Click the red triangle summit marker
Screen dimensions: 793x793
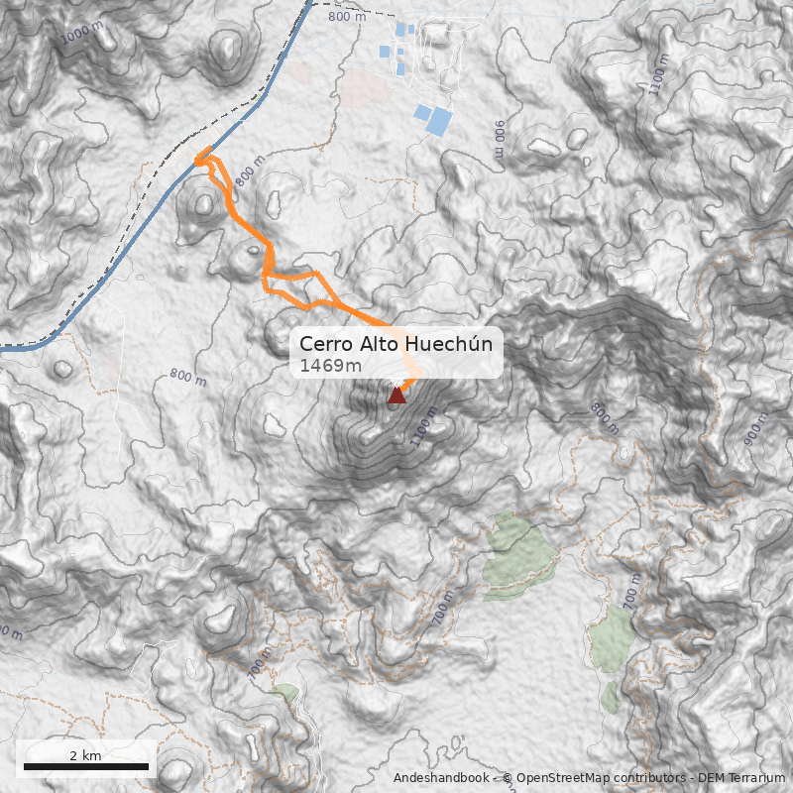tap(396, 396)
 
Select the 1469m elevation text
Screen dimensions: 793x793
tap(330, 366)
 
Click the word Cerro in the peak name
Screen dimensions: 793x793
tap(324, 344)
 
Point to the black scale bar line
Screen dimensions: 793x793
tap(85, 766)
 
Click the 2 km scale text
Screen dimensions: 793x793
tap(85, 755)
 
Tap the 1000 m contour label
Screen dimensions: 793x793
tap(81, 35)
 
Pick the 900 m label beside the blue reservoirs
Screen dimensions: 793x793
tap(500, 140)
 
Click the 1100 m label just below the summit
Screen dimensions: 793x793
tap(424, 428)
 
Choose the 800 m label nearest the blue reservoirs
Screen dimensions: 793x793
tap(347, 16)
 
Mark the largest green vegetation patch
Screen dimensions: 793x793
tap(519, 555)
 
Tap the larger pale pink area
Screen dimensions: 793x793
tap(365, 87)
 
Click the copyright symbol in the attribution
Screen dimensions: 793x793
tap(507, 778)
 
